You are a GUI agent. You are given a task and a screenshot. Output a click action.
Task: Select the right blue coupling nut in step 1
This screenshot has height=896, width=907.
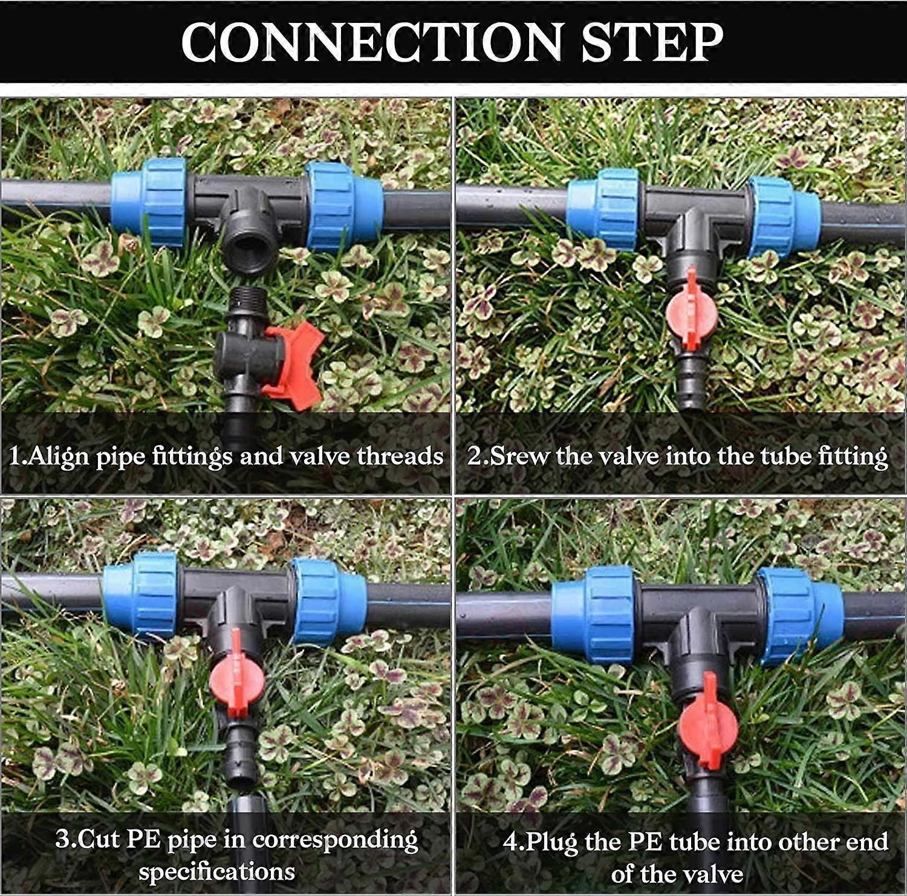pos(343,206)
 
